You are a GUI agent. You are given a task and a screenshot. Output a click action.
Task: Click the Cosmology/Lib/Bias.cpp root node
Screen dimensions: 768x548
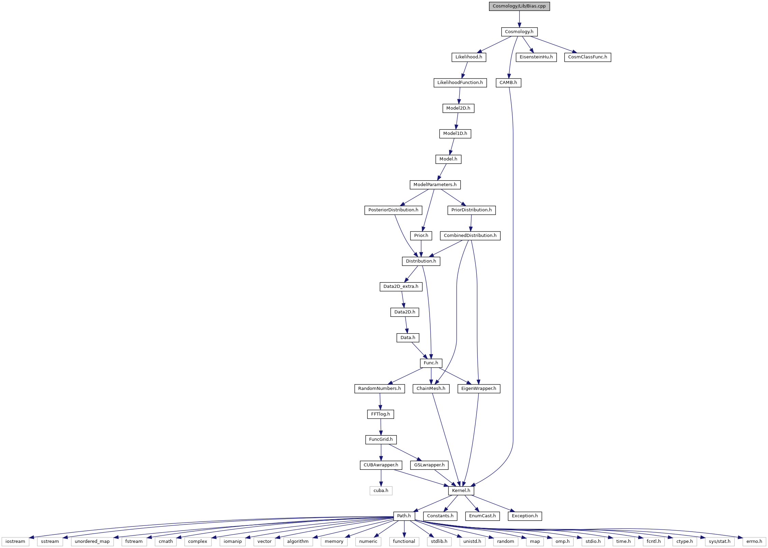[x=519, y=6]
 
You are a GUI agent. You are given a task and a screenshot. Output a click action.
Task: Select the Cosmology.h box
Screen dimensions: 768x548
[x=519, y=32]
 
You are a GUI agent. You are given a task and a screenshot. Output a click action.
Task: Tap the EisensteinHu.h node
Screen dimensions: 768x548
[x=536, y=57]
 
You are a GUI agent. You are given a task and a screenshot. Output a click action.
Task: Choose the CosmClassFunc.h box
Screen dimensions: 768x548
[x=587, y=57]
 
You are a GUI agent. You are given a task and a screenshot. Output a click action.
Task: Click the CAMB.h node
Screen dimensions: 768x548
[x=508, y=83]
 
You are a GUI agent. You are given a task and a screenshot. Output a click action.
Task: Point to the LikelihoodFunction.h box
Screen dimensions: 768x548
[x=460, y=83]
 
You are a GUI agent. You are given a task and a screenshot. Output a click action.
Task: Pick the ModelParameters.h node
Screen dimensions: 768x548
[x=435, y=185]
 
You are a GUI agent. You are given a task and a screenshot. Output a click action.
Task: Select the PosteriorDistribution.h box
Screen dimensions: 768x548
[x=393, y=210]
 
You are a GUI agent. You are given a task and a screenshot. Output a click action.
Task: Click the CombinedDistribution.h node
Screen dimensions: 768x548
[x=470, y=236]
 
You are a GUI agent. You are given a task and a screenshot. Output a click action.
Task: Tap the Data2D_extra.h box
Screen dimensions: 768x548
[x=401, y=286]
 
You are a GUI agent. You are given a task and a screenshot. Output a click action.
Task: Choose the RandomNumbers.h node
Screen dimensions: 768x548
[x=379, y=389]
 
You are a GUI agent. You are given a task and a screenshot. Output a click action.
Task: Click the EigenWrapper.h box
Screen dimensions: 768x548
[x=479, y=389]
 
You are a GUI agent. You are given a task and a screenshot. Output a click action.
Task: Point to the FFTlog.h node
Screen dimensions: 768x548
[x=380, y=414]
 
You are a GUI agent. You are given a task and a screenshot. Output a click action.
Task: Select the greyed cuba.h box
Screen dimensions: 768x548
[x=381, y=491]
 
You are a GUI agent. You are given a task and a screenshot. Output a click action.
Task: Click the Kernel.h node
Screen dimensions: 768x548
[x=461, y=491]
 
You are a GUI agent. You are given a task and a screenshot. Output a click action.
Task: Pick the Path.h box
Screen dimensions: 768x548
[x=404, y=516]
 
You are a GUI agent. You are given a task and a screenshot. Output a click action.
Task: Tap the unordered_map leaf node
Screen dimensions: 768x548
[x=92, y=542]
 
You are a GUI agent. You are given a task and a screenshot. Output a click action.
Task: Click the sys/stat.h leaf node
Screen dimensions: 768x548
[x=720, y=542]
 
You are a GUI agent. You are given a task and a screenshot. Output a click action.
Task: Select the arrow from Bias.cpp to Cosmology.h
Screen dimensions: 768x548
[x=519, y=19]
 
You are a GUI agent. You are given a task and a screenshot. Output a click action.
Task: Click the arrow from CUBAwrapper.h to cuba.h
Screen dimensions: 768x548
[x=381, y=478]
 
